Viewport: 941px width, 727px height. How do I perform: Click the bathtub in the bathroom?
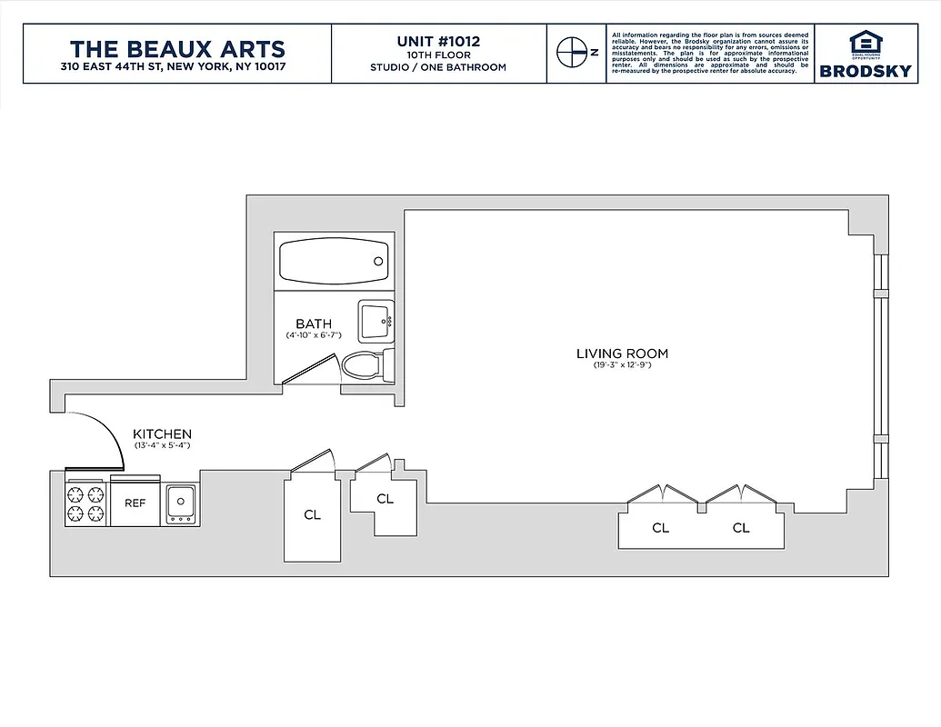click(x=334, y=261)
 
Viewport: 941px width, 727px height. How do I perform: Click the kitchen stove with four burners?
click(x=85, y=504)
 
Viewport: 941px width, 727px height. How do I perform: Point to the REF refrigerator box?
click(x=135, y=503)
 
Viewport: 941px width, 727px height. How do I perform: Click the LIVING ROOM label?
click(x=622, y=354)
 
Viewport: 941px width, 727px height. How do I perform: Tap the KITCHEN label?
click(x=162, y=434)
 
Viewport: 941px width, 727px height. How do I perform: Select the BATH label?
click(x=313, y=324)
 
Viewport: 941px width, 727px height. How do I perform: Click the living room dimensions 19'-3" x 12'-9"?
click(x=622, y=365)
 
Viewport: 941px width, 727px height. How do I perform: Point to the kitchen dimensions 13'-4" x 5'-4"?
click(x=162, y=446)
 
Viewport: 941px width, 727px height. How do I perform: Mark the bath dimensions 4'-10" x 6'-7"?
click(x=313, y=335)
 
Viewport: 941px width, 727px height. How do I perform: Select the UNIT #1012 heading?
click(x=438, y=41)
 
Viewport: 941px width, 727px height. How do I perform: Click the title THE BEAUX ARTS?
click(x=177, y=48)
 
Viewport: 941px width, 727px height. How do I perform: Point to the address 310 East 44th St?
click(x=177, y=67)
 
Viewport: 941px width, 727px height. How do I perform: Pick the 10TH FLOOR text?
click(x=438, y=55)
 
